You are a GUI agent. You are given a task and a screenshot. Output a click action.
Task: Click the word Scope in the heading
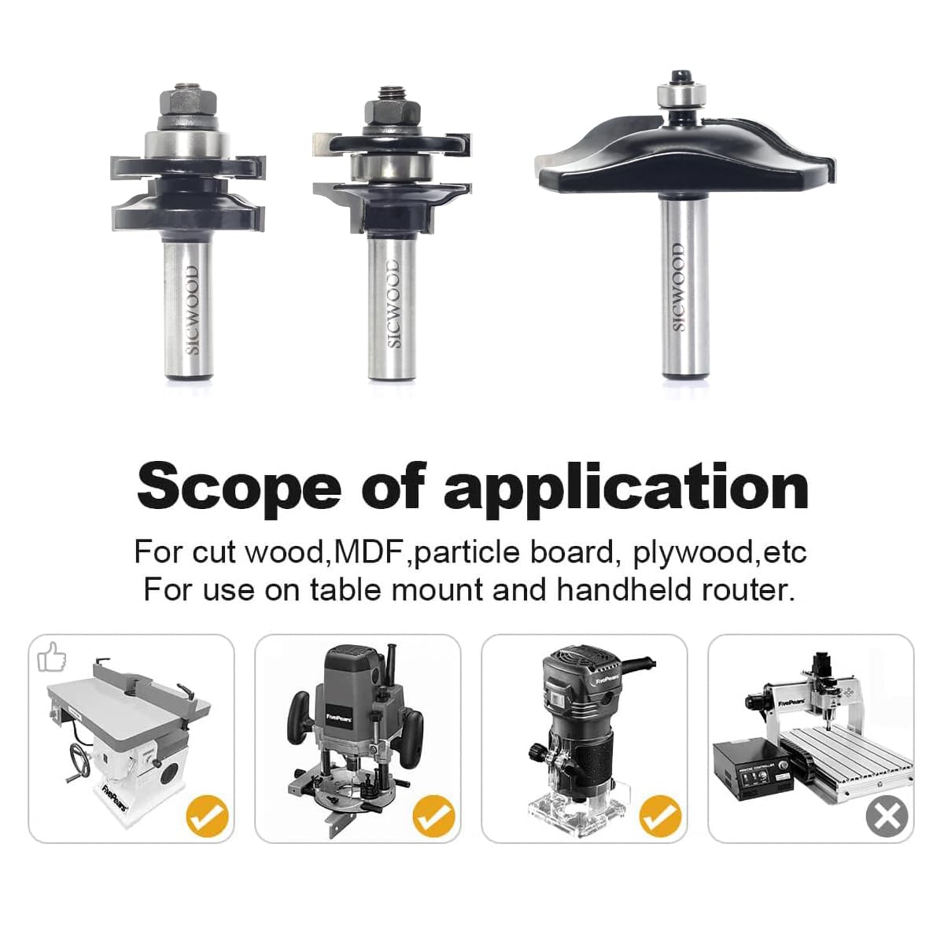tap(238, 488)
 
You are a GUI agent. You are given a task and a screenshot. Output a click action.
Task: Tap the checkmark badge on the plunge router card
tap(434, 816)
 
